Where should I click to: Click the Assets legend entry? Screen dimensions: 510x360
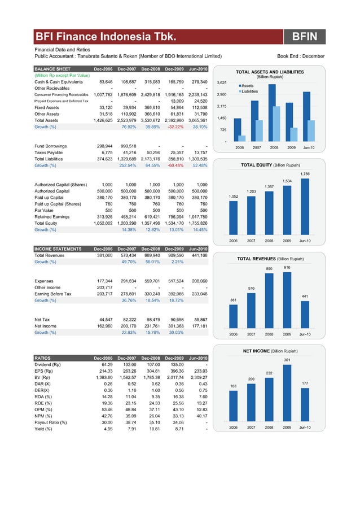click(249, 85)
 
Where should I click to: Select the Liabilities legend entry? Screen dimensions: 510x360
click(249, 91)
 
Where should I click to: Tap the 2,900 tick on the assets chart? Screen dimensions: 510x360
click(222, 94)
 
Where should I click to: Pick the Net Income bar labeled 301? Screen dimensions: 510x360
click(287, 391)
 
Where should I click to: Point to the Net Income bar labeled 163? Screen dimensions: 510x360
click(233, 405)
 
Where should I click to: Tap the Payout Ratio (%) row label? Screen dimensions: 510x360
click(51, 422)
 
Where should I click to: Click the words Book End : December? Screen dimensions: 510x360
click(301, 56)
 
